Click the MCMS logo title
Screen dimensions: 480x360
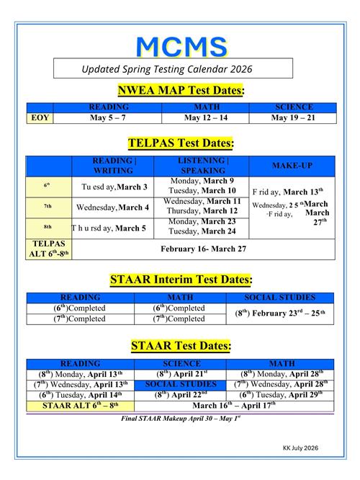181,45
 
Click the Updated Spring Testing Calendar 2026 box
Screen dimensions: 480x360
174,68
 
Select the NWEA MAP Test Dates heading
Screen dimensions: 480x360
181,90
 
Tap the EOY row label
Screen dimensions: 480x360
40,117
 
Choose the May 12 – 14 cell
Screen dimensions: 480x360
205,117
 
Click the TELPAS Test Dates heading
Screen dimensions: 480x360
181,144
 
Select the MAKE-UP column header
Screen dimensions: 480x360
292,166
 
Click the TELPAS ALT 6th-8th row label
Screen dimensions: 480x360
49,249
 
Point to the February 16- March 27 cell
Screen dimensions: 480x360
204,249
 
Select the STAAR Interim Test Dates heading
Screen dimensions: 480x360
181,279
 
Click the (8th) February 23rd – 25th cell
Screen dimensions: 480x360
280,314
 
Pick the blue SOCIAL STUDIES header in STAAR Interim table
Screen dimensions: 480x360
280,297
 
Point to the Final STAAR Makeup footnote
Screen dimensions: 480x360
181,417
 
